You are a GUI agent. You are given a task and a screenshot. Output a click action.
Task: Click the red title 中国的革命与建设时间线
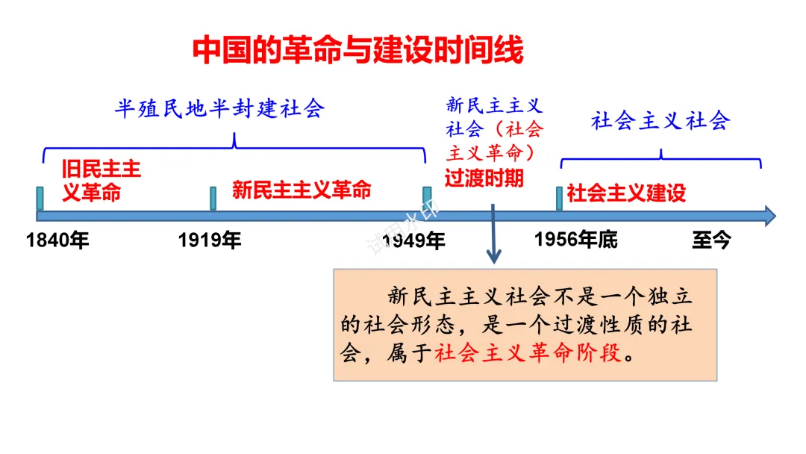coord(358,50)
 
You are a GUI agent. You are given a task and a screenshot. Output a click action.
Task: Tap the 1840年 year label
coord(57,240)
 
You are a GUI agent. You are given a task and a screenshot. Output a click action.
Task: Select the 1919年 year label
coord(210,240)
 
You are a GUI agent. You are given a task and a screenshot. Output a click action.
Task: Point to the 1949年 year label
coord(414,240)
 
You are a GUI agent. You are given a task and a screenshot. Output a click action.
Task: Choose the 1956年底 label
coord(576,239)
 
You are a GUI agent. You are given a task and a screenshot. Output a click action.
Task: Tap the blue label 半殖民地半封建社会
coord(219,109)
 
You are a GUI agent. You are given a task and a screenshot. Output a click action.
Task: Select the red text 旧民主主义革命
coord(101,181)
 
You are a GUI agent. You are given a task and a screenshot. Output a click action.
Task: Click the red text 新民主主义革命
coord(302,190)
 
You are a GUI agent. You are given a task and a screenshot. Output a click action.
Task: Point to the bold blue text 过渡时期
coord(484,178)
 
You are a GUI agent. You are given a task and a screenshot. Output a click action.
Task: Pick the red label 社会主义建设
coord(626,193)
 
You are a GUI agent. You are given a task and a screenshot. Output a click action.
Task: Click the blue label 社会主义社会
coord(660,121)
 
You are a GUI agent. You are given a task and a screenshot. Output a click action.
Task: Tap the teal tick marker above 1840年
coord(40,198)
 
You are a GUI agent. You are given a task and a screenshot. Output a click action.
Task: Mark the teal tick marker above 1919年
coord(213,198)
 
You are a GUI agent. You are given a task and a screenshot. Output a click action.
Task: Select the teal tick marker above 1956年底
coord(559,198)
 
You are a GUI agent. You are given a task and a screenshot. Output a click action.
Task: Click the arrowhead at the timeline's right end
coord(768,217)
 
